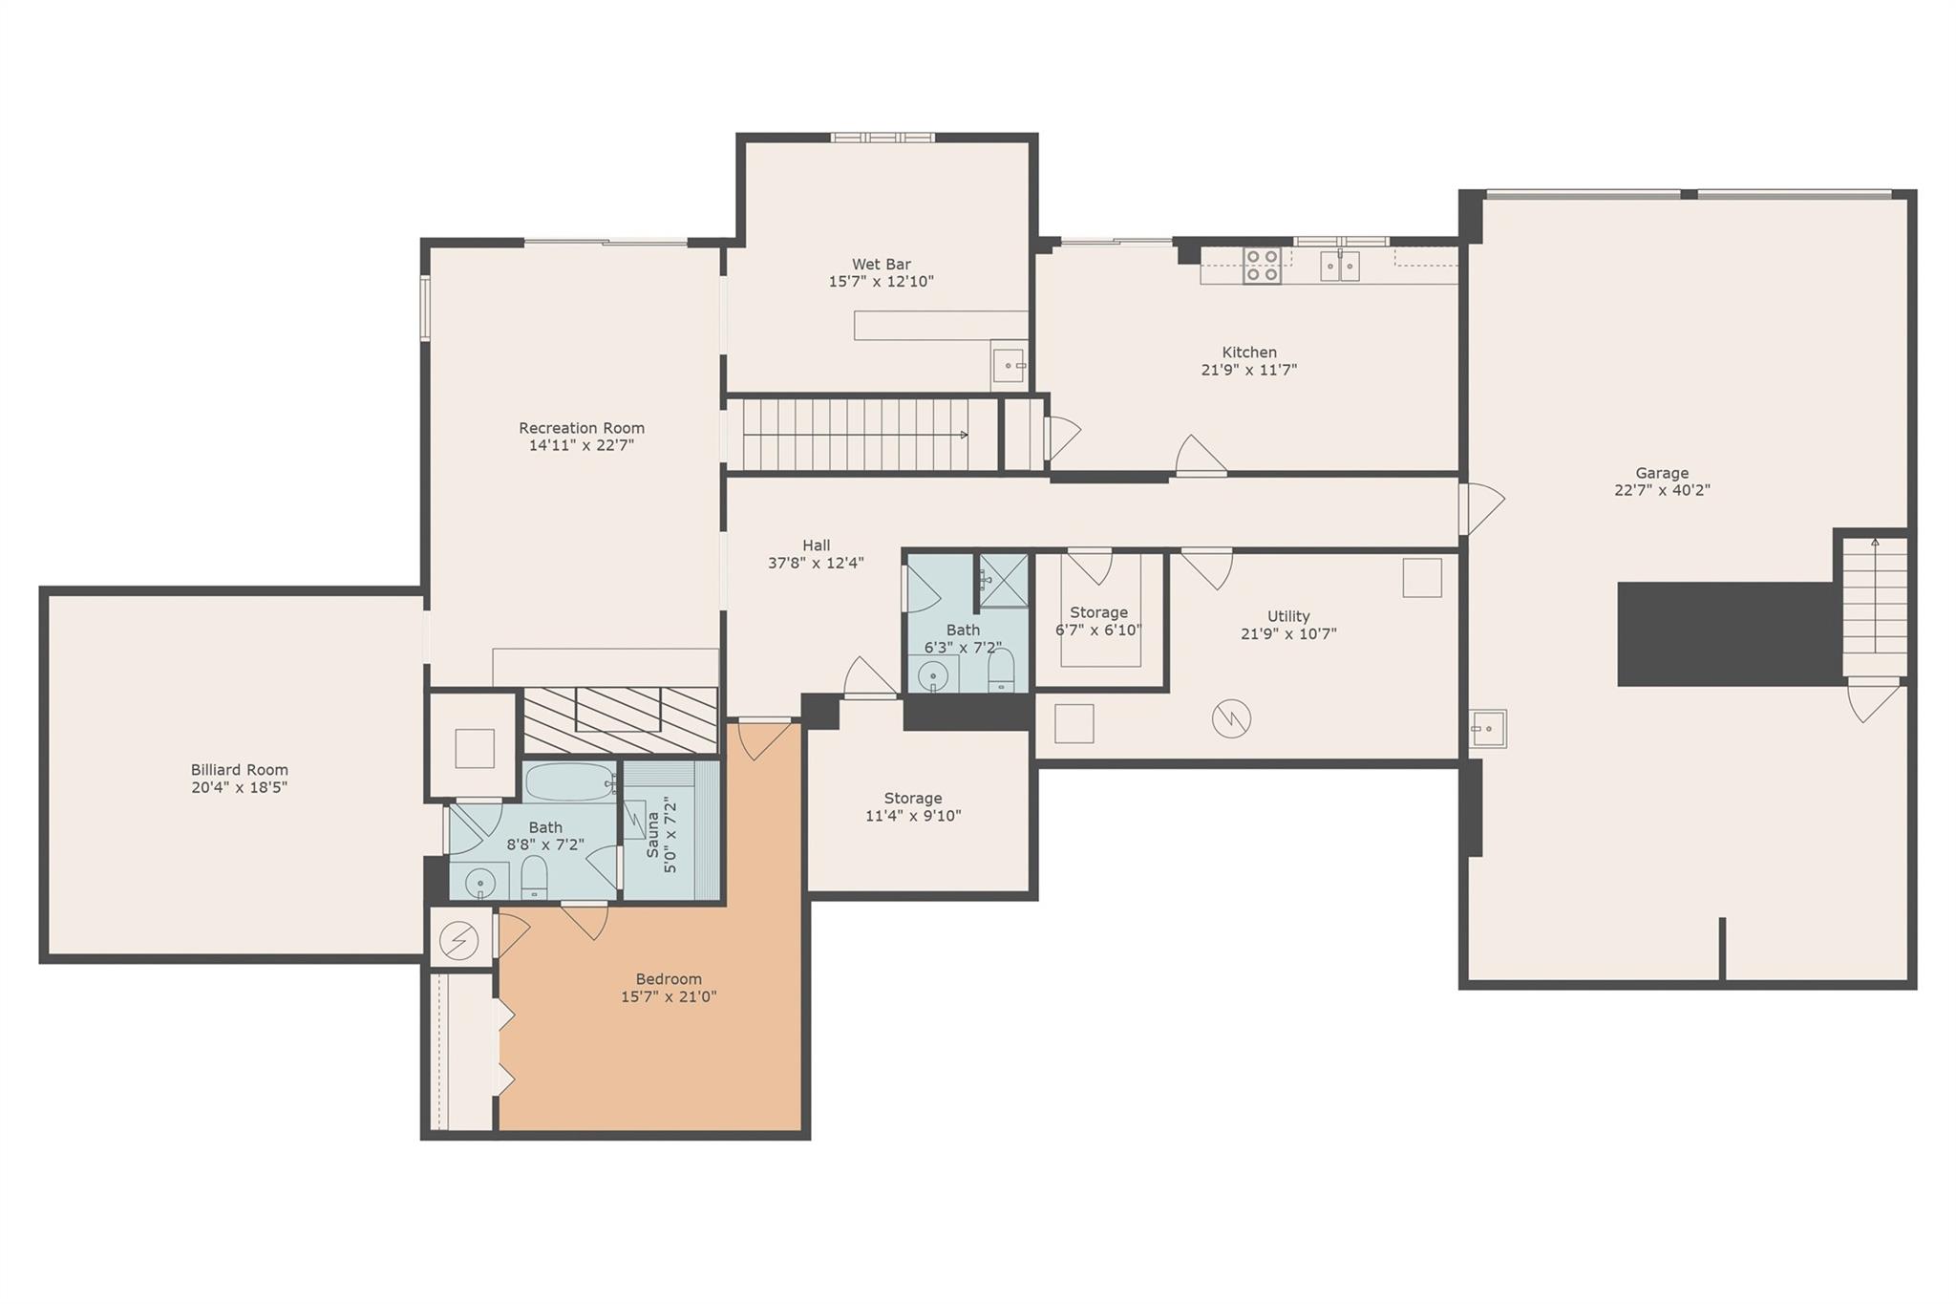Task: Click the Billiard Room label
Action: [239, 770]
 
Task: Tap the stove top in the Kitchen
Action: [1262, 266]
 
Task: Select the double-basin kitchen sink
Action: [1339, 266]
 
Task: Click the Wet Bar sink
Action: [1009, 365]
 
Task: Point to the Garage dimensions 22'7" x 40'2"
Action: [1662, 491]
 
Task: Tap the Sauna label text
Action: [653, 834]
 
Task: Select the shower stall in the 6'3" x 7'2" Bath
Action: [1004, 580]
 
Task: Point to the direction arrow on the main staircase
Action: [963, 435]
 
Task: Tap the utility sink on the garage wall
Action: [1487, 729]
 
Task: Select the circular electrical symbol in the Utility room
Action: [1231, 718]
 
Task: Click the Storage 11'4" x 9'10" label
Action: [913, 799]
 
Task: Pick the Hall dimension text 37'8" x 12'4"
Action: [816, 564]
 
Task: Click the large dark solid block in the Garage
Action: [1729, 634]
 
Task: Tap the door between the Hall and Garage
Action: [1480, 508]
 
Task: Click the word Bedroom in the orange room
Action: [669, 979]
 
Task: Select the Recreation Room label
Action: [582, 428]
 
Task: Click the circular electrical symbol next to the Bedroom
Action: [458, 942]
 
